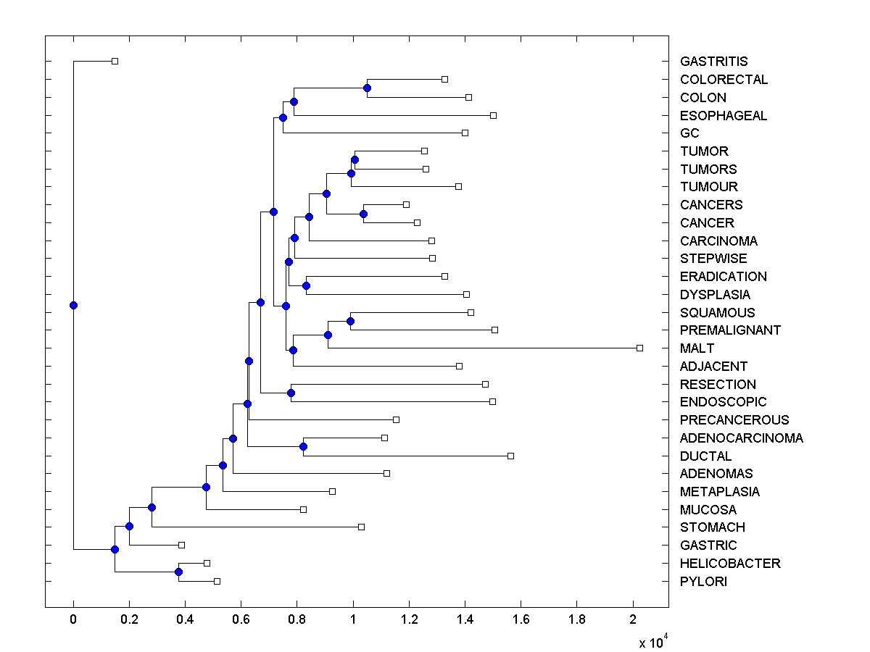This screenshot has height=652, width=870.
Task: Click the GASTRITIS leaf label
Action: (x=713, y=62)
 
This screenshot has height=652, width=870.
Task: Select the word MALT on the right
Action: (x=697, y=348)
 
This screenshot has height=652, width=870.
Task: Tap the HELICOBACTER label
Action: (x=730, y=564)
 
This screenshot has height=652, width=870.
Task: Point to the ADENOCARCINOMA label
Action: (x=741, y=438)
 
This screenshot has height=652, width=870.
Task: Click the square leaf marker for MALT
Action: (x=639, y=348)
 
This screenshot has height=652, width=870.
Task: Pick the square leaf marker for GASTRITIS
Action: (x=115, y=62)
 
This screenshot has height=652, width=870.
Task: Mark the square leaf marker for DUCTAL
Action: (x=510, y=456)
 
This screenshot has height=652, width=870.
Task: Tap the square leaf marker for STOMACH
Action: (x=361, y=527)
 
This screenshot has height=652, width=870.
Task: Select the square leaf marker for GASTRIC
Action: (x=181, y=545)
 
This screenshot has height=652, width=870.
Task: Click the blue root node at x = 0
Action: (x=73, y=305)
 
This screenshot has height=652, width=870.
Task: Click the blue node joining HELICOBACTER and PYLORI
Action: (x=178, y=572)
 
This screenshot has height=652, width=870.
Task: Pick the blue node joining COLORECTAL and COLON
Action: (x=367, y=88)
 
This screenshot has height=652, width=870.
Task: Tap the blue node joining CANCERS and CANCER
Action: (x=363, y=214)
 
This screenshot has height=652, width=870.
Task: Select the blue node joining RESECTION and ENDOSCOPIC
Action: (x=291, y=393)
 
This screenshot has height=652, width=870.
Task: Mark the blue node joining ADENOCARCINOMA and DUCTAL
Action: (x=303, y=447)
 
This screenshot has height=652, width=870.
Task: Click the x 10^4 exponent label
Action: (x=650, y=642)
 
